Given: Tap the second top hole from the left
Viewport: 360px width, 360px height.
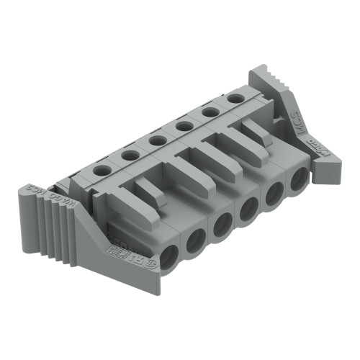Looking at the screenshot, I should coord(130,155).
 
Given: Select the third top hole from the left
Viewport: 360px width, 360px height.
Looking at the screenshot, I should coord(158,140).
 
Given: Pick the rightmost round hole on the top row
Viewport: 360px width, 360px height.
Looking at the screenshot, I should coord(235,98).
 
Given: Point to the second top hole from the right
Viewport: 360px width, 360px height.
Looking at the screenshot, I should coord(210,112).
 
